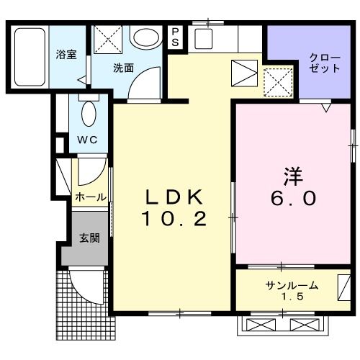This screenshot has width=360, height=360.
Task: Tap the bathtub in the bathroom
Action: [x=30, y=55]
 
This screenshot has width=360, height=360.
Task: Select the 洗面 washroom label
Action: [x=122, y=68]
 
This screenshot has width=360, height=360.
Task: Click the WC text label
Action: [x=89, y=139]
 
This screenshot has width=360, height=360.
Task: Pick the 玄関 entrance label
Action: [x=89, y=239]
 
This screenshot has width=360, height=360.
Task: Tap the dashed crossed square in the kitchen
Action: [x=279, y=81]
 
